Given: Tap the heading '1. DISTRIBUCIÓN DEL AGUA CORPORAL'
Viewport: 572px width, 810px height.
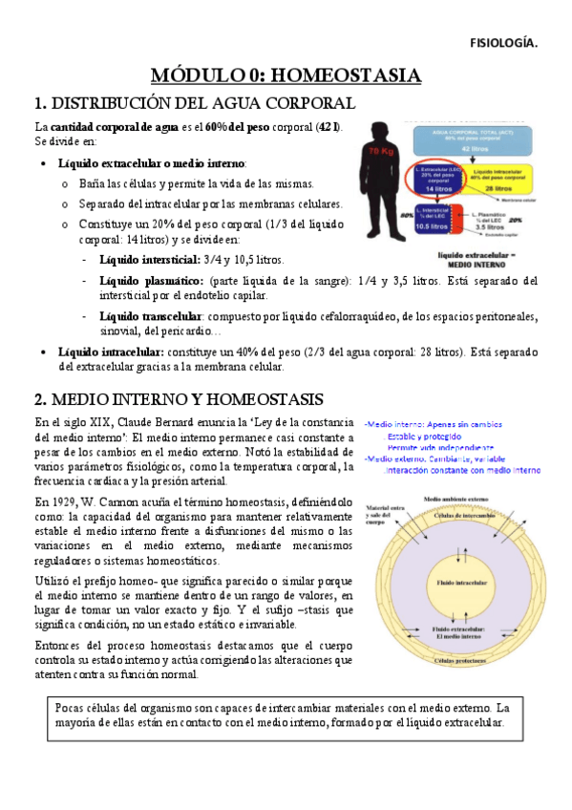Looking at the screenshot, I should coord(195,103).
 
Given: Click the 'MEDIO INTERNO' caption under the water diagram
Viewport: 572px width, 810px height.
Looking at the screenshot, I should coord(477,265).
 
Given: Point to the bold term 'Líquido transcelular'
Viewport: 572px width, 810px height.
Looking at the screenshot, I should coord(150,316).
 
